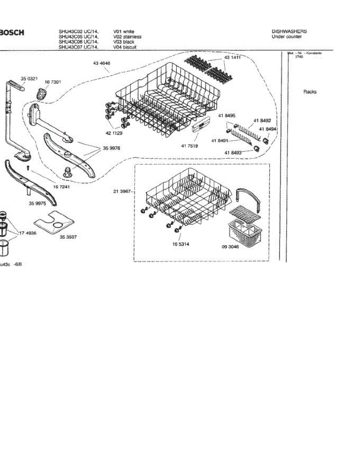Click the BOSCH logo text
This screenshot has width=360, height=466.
12,33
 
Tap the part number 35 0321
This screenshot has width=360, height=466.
29,79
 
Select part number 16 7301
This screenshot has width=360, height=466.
53,82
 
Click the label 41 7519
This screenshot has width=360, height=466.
189,146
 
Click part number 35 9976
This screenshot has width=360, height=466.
111,148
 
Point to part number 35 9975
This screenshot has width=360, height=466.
37,203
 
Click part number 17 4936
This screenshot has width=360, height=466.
28,233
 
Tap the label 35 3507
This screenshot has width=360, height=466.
68,236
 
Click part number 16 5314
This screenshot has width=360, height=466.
181,244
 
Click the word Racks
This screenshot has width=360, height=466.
310,92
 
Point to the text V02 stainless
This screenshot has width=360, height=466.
127,37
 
